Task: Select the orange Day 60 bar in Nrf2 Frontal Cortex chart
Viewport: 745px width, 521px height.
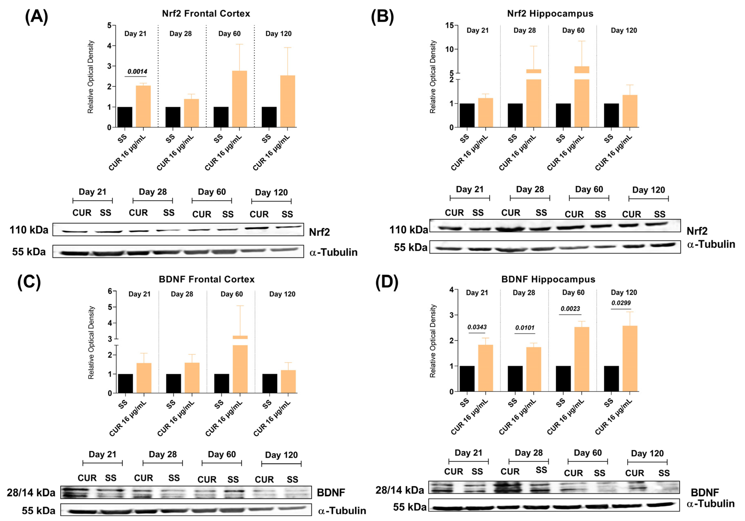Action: (x=239, y=99)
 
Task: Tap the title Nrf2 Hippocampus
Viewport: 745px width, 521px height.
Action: (x=550, y=14)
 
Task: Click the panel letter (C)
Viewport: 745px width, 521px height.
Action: (x=29, y=282)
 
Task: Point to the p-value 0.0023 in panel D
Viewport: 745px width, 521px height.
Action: (x=570, y=309)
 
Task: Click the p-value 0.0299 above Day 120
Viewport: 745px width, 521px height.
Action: (x=621, y=303)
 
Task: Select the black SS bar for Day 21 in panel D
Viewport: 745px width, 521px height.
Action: (x=467, y=378)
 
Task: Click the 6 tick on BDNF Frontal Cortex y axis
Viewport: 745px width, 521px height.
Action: (x=110, y=291)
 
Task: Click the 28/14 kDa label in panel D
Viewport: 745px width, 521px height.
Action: (x=399, y=490)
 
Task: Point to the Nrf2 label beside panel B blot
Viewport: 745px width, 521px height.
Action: (x=697, y=231)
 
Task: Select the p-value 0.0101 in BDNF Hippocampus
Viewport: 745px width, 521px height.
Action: (x=525, y=328)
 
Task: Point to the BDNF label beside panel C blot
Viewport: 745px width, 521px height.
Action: (x=331, y=492)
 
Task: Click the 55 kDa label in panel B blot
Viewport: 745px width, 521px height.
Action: (x=411, y=247)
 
